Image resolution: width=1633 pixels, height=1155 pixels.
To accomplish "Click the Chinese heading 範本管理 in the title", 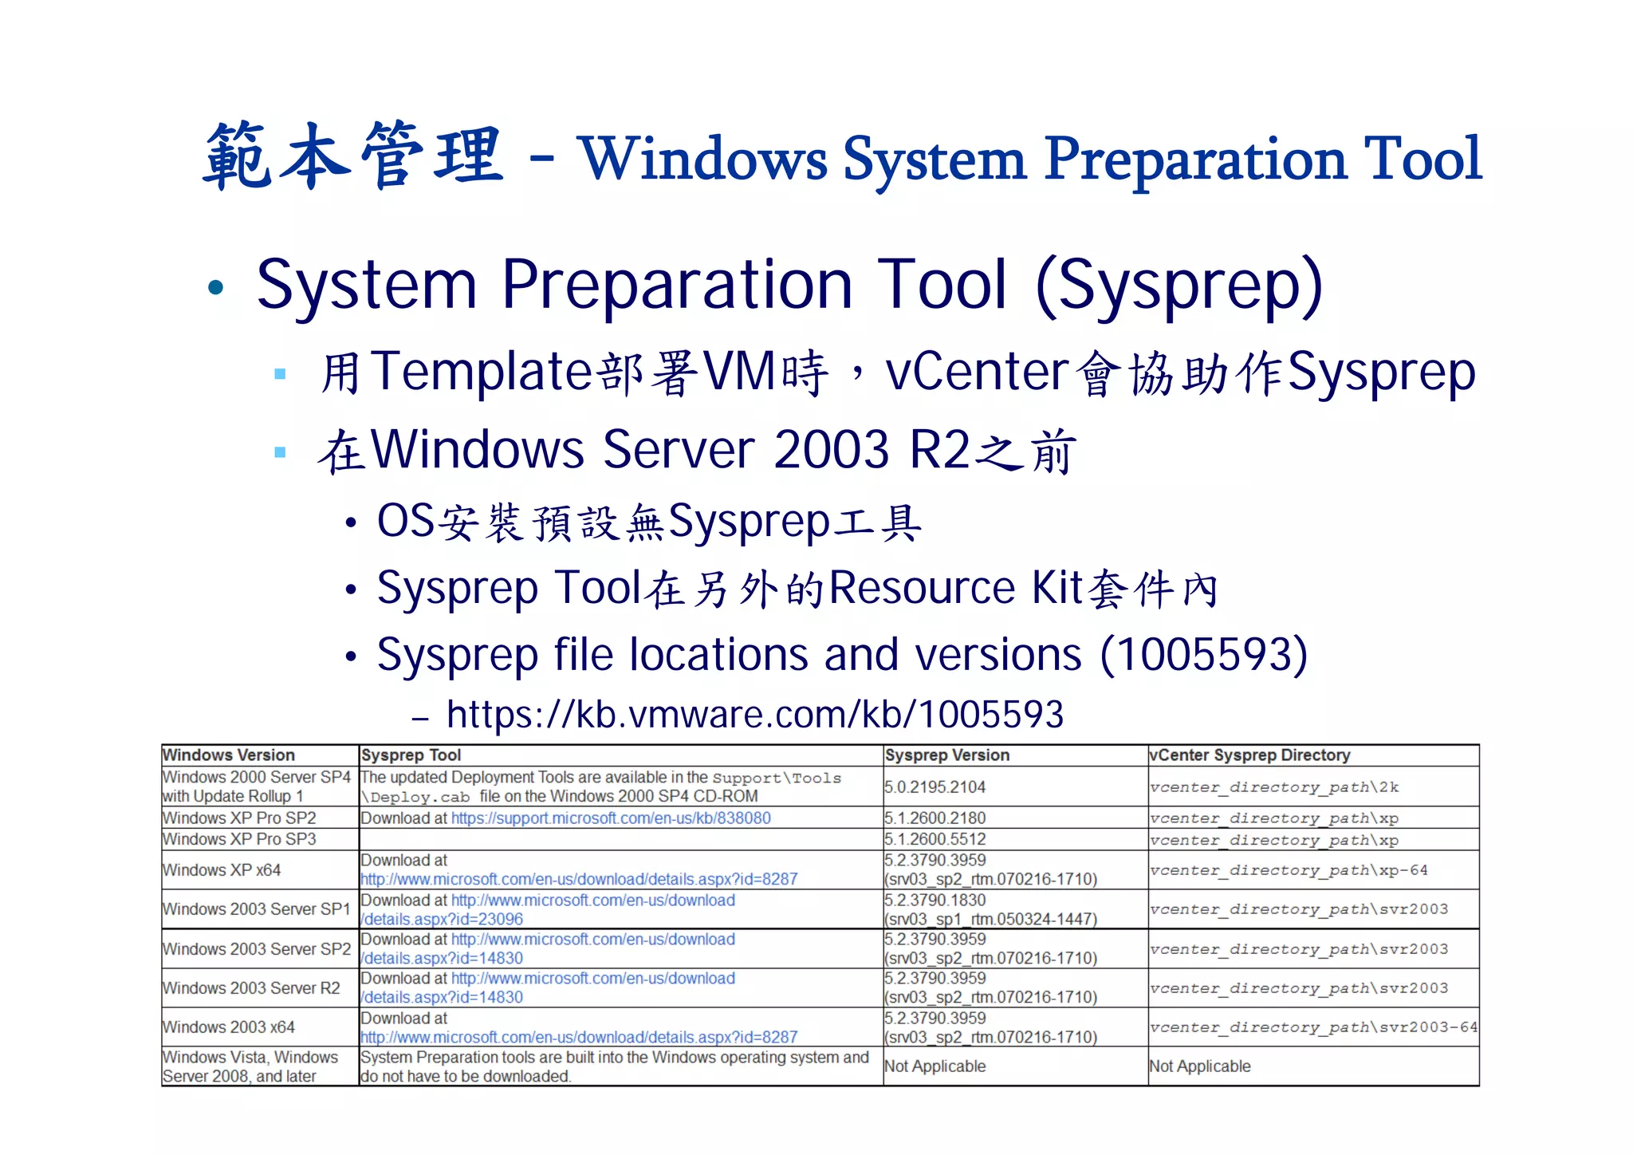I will (x=353, y=156).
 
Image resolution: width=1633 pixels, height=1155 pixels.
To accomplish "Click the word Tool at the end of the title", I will (x=1422, y=159).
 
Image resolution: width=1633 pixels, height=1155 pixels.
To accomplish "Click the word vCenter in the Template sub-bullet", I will (x=977, y=373).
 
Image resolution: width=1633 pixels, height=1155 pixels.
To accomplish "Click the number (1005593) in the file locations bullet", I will (x=1203, y=655).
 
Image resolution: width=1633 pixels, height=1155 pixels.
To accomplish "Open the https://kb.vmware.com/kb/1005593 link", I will (x=754, y=714).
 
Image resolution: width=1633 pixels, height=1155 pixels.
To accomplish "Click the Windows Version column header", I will (x=229, y=755).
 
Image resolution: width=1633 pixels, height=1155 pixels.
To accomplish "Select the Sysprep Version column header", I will (x=946, y=755).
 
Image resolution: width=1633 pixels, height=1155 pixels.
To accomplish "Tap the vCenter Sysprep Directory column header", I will (x=1249, y=755).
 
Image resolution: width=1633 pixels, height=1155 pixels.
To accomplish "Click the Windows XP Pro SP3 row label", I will (x=239, y=839).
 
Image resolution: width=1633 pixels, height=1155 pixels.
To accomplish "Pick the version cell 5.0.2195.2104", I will (x=935, y=786).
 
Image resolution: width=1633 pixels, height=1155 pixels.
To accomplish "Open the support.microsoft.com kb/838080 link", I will (x=611, y=818).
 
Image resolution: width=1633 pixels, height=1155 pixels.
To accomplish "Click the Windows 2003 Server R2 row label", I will (x=251, y=987).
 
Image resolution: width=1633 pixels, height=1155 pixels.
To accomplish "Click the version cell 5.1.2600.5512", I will (x=935, y=839).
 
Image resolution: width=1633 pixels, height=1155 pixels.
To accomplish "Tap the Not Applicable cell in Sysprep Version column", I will (x=935, y=1066).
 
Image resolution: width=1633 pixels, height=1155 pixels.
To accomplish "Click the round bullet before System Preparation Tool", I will (x=215, y=288).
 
